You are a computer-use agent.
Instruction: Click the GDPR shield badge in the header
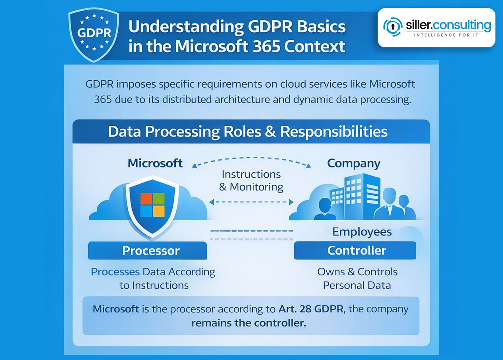click(x=94, y=36)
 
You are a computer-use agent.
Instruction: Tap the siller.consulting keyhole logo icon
click(x=393, y=27)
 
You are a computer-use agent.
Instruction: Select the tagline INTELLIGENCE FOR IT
click(x=446, y=35)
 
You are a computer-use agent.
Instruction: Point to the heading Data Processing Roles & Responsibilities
click(x=248, y=131)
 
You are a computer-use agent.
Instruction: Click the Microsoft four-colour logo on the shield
click(x=152, y=205)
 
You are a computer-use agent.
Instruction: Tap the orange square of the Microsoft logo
click(x=146, y=198)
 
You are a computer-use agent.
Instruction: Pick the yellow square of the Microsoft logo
click(x=159, y=211)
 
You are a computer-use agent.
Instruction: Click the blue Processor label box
click(x=148, y=251)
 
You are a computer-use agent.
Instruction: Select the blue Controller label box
click(x=355, y=250)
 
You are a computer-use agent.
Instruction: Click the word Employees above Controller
click(x=362, y=232)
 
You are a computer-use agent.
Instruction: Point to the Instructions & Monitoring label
click(x=251, y=181)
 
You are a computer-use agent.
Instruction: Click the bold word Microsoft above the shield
click(x=155, y=163)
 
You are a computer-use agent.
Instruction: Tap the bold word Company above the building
click(x=354, y=163)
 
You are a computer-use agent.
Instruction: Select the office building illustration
click(x=355, y=197)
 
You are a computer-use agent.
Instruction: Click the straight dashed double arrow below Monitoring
click(x=251, y=202)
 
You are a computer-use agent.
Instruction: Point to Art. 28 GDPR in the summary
click(x=311, y=309)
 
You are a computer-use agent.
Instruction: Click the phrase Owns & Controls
click(x=357, y=272)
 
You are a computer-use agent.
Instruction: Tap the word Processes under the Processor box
click(x=115, y=272)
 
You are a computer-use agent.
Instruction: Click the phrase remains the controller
click(x=249, y=323)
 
